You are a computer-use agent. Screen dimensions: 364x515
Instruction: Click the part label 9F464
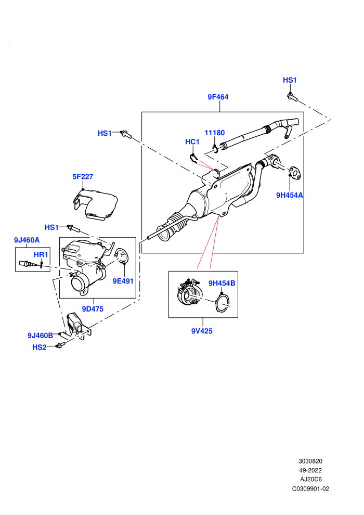218,97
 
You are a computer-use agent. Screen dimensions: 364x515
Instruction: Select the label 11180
215,133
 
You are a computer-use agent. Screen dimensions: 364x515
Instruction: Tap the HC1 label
192,141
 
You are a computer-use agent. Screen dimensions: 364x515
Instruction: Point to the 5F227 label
83,176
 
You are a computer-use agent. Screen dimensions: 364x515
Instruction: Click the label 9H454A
290,195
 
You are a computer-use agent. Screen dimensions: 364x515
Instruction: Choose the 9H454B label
222,283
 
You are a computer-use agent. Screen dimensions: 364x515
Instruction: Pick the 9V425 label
202,331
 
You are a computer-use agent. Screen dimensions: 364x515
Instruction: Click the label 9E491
123,281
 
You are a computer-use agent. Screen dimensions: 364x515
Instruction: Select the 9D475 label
93,309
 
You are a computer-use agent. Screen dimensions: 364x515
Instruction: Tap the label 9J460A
27,240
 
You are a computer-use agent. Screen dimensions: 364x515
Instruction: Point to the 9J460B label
40,336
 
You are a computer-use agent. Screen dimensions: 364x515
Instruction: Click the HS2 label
40,347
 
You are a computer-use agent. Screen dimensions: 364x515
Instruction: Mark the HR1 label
41,254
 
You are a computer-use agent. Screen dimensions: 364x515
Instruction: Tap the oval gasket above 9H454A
295,173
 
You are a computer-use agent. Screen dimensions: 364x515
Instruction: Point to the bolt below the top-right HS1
292,97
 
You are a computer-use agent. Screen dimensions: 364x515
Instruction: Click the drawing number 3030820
310,461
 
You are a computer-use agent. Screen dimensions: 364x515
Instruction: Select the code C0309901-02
310,488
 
